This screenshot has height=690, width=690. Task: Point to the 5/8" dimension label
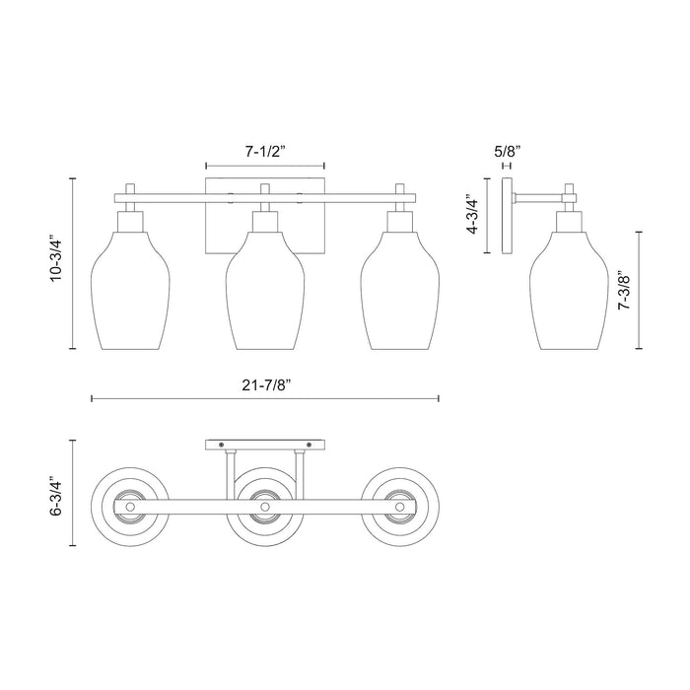[x=506, y=152]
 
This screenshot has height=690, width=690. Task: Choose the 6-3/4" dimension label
[x=58, y=499]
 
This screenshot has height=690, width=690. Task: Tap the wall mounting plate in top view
[x=264, y=445]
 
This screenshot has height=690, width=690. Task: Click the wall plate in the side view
[x=507, y=217]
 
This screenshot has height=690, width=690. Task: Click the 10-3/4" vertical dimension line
[x=75, y=263]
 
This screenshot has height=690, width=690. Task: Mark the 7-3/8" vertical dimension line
[x=640, y=291]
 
